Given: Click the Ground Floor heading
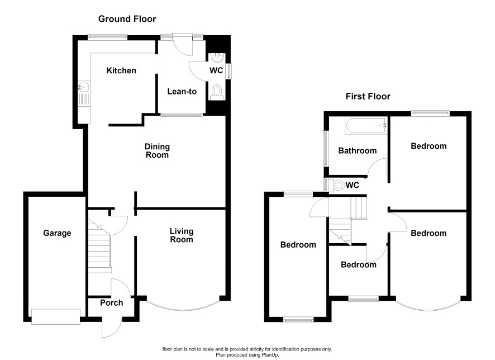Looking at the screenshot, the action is coord(127,19).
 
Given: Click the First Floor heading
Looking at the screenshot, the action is coord(368,96).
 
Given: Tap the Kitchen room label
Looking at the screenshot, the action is coord(121,70).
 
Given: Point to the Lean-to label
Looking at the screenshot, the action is coord(182,92).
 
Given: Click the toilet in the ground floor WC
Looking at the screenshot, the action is coord(217,92).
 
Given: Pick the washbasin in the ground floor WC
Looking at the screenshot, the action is coord(217,58).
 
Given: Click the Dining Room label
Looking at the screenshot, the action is coord(157,150).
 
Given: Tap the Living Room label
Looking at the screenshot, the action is coord(182,235).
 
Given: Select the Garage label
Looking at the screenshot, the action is coord(57,233).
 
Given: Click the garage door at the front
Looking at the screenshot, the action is coord(55,316).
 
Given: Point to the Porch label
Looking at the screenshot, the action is coord(111,303).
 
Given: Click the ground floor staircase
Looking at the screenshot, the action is coord(99,247).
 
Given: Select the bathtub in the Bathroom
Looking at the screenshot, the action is coord(366,126).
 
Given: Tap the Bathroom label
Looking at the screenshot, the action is coord(358,150).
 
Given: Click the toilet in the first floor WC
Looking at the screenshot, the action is coord(336,185).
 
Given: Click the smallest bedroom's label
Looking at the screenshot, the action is coord(359,264).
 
